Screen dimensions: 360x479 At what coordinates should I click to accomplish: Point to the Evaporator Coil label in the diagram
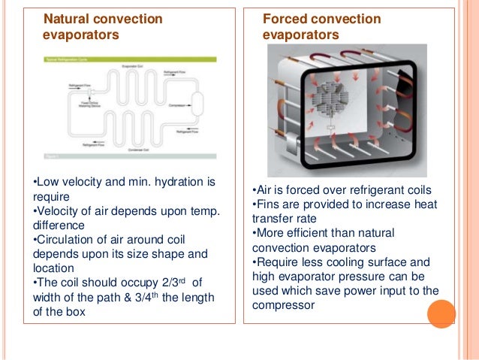click(x=133, y=67)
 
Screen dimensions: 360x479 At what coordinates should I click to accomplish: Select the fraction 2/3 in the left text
click(x=182, y=283)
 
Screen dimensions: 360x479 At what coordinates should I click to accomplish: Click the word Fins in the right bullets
click(x=267, y=204)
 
